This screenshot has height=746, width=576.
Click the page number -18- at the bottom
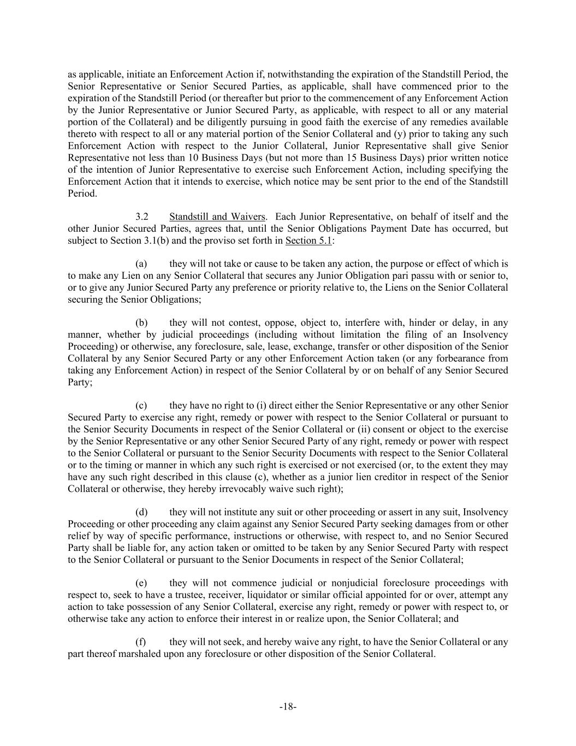coord(288,707)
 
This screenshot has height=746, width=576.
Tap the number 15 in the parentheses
coord(352,158)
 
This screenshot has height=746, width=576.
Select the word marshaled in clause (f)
coord(139,654)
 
